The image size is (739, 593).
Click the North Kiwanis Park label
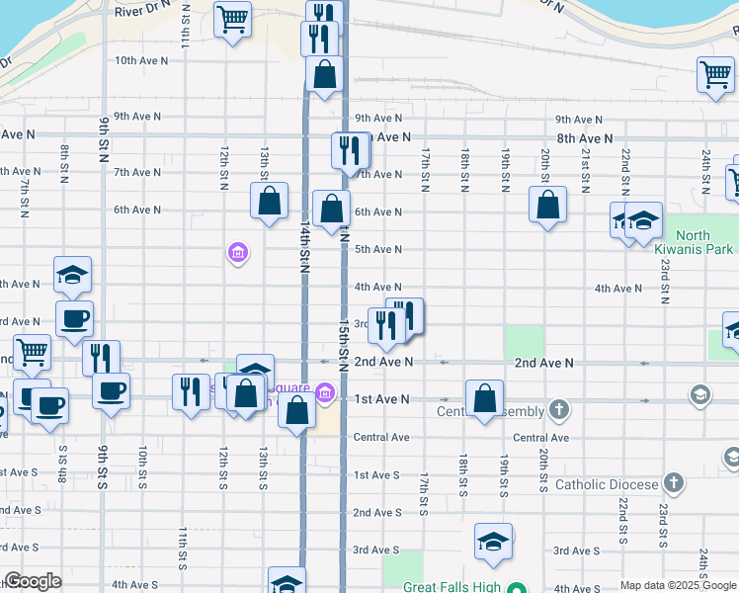click(708, 242)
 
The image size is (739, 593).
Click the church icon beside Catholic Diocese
click(674, 483)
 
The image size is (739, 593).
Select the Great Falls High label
click(447, 587)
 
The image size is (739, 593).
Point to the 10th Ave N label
click(141, 60)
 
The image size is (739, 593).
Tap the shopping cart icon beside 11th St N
click(232, 19)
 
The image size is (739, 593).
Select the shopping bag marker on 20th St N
click(547, 205)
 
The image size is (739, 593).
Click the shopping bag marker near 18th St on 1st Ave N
click(484, 399)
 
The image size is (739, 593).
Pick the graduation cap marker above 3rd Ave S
click(493, 541)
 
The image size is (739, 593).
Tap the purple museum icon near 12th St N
click(237, 254)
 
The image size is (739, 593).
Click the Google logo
click(33, 581)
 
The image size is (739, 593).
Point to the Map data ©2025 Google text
click(678, 585)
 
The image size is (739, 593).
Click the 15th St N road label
click(343, 346)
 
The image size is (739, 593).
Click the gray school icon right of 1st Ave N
click(700, 396)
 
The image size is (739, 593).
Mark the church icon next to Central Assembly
click(560, 409)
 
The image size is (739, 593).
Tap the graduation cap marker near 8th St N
click(71, 277)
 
